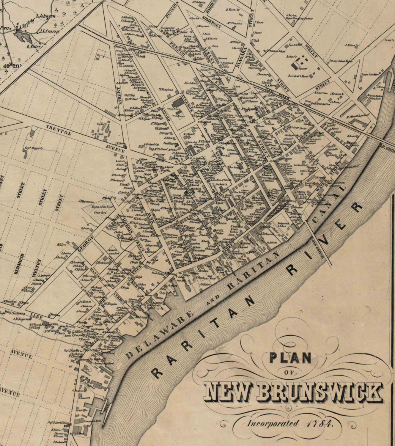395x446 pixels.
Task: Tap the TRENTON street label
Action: coord(59,130)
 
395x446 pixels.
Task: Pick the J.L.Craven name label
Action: coord(49,31)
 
